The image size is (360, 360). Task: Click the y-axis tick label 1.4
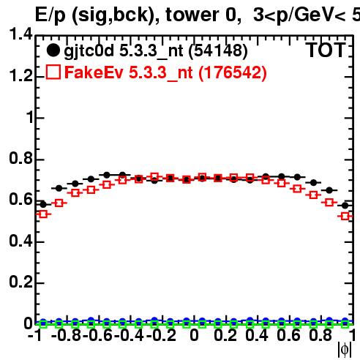click(20, 34)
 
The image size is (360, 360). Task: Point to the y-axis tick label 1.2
click(20, 75)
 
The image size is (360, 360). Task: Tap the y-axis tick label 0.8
click(20, 158)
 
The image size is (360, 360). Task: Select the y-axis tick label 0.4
click(20, 241)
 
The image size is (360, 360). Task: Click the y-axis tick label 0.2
click(20, 282)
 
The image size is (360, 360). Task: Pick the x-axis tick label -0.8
click(66, 335)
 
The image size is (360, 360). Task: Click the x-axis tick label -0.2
click(161, 335)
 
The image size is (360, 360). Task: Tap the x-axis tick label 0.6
click(288, 335)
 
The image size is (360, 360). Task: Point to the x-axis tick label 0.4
click(257, 335)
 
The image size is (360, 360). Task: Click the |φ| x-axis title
click(345, 350)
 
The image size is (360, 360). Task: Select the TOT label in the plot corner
click(326, 50)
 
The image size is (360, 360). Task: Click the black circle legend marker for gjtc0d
click(53, 50)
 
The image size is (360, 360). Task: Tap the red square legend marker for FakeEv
click(53, 72)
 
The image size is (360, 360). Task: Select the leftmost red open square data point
click(43, 214)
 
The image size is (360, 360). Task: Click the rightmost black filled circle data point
click(345, 206)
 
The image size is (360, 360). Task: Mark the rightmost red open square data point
click(345, 216)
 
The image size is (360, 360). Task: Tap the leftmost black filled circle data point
click(43, 204)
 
